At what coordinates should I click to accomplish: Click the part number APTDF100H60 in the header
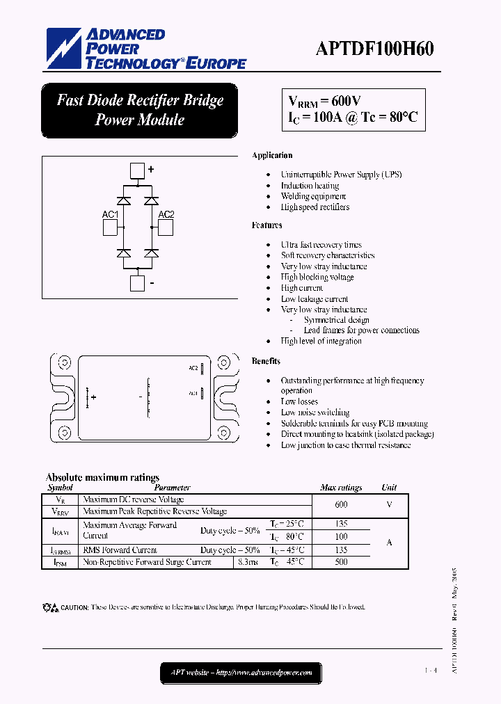pos(374,49)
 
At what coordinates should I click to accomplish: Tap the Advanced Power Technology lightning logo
pos(65,49)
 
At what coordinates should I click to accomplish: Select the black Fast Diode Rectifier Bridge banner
pos(140,110)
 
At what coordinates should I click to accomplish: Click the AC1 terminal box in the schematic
pos(110,227)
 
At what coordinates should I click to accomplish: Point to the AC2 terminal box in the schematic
pos(166,227)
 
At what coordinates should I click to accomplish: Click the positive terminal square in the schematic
pos(138,171)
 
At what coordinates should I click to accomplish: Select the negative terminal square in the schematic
pos(138,283)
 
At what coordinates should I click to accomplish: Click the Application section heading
pos(272,155)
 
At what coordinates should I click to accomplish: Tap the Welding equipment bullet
pos(313,196)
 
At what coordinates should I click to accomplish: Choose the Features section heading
pos(267,225)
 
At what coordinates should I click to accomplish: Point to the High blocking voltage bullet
pos(317,277)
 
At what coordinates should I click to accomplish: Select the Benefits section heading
pos(267,361)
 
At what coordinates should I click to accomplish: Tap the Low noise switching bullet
pos(315,413)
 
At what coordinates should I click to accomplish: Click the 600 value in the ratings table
pos(341,505)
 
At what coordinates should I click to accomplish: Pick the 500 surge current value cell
pos(341,562)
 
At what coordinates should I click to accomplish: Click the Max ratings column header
pos(341,488)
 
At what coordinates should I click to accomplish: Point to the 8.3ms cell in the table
pos(248,562)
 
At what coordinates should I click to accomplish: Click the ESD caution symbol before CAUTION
pos(51,607)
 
